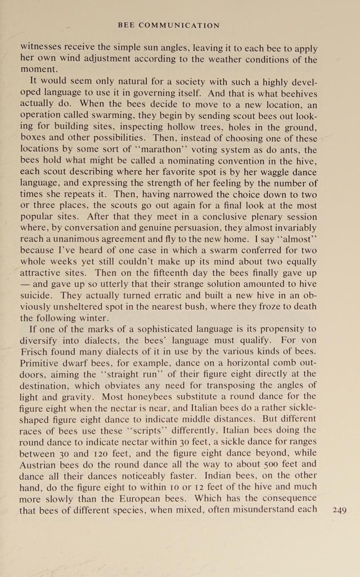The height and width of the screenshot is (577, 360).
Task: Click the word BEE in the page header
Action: (126, 26)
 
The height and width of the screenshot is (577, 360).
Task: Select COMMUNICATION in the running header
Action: (179, 26)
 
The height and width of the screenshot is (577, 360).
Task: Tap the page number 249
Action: (339, 510)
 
